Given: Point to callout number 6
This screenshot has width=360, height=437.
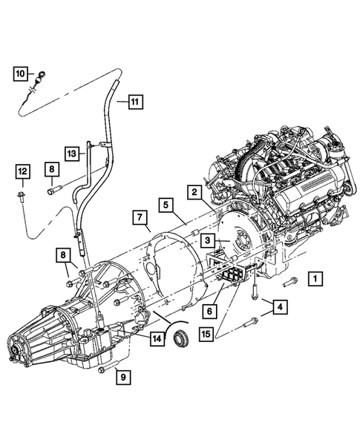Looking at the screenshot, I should point(211,311).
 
